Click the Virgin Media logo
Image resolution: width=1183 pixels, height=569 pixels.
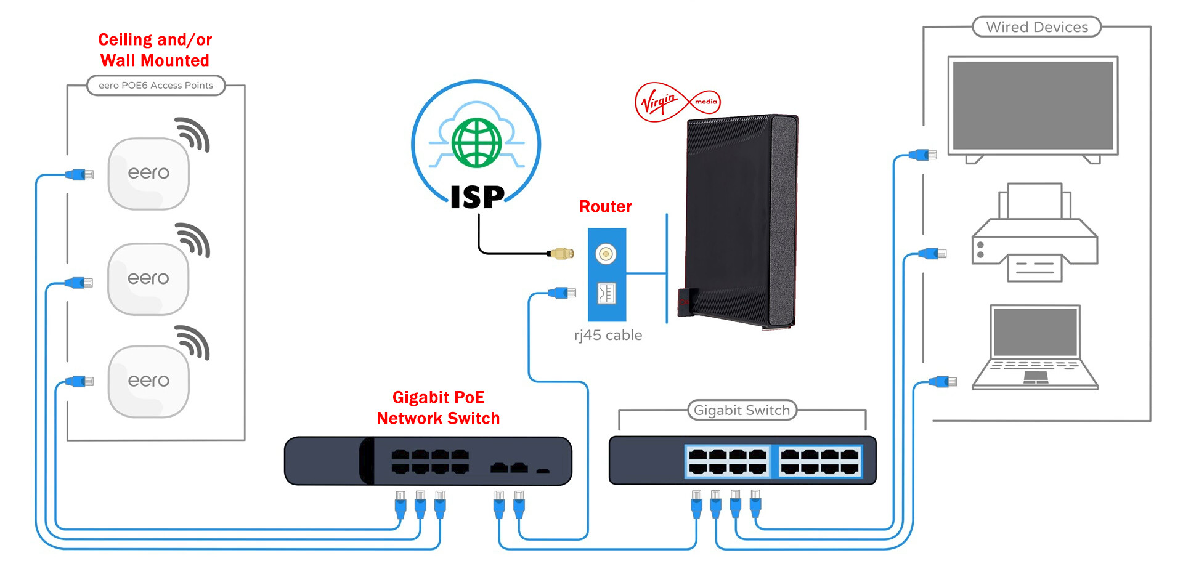tap(677, 102)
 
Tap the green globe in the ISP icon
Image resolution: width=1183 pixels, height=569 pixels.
tap(476, 143)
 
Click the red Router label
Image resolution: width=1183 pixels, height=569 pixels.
tap(605, 206)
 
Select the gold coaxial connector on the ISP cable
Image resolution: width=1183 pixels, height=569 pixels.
tap(562, 253)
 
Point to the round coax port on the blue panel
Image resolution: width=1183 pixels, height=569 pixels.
tap(606, 254)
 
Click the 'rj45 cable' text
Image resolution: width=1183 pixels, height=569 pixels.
tap(608, 335)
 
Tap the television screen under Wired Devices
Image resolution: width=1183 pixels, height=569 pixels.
tap(1033, 105)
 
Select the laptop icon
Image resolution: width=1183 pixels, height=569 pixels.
tap(1035, 348)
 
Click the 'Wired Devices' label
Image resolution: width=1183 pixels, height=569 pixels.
tap(1036, 27)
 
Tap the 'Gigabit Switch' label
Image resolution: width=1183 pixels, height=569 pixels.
tap(741, 410)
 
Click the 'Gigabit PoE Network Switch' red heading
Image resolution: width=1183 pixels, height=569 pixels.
tap(438, 408)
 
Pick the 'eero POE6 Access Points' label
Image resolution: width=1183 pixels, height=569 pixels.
tap(156, 86)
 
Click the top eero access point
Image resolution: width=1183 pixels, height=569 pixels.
tap(148, 174)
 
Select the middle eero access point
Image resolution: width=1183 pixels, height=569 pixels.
tap(148, 279)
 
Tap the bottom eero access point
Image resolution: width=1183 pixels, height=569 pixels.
tap(148, 381)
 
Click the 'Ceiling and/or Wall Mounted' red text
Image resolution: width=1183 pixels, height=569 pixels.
tap(155, 50)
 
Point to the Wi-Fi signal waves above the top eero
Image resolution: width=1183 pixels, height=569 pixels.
tap(193, 134)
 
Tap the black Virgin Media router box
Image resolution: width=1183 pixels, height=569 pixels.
tap(739, 222)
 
